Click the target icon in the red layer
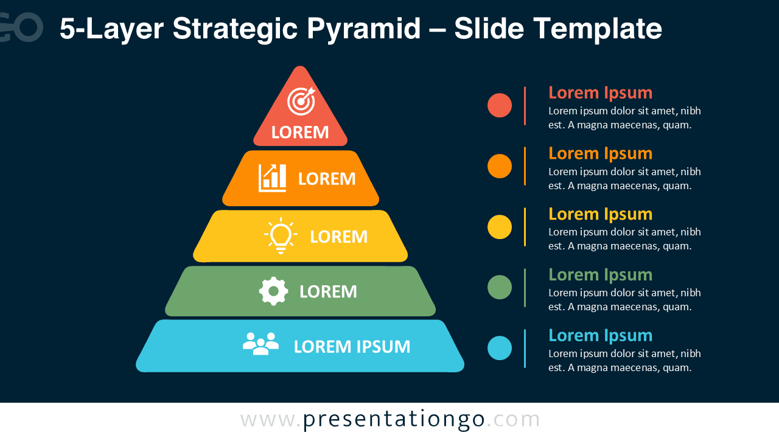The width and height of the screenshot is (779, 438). [x=301, y=101]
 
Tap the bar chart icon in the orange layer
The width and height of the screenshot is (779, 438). [x=272, y=178]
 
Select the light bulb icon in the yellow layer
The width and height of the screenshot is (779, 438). [x=281, y=235]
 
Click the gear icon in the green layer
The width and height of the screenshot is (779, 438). [x=273, y=291]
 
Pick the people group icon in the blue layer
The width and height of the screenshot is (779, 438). [x=261, y=344]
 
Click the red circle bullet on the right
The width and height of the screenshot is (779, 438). [x=500, y=105]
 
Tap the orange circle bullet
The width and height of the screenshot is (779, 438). [x=500, y=166]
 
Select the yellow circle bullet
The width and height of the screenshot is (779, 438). [x=500, y=227]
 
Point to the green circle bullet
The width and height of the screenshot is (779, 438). [x=500, y=287]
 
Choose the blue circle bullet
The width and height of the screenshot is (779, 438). [x=500, y=348]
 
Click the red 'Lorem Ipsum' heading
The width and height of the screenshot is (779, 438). [x=600, y=93]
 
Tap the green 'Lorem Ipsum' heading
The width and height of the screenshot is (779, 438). [x=600, y=276]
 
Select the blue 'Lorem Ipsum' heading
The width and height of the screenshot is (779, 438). [x=600, y=336]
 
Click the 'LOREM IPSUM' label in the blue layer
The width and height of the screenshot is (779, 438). [x=352, y=347]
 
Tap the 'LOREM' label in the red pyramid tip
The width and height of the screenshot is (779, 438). [x=300, y=133]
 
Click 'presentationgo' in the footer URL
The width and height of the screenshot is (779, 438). [x=394, y=420]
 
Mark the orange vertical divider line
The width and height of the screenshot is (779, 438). [x=525, y=166]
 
